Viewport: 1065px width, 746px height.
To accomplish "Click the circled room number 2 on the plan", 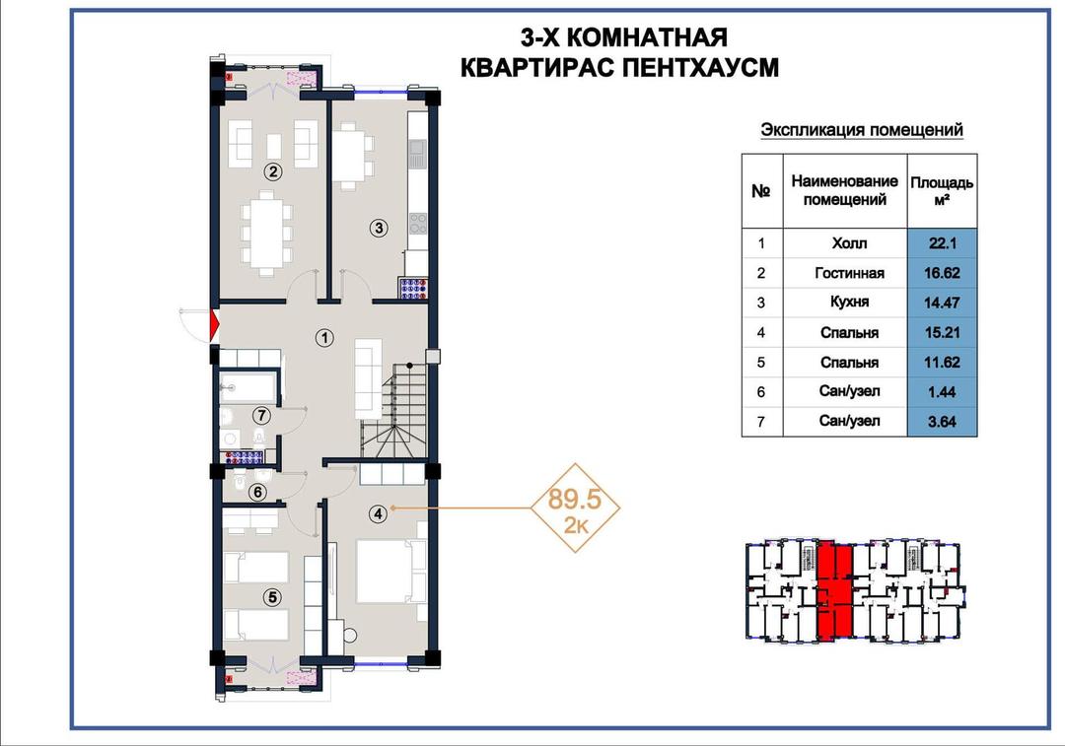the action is tap(273, 171).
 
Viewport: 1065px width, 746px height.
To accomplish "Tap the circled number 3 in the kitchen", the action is tap(379, 228).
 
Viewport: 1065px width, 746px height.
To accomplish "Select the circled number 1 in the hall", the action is tap(325, 337).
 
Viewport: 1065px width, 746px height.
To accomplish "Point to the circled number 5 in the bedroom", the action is tap(272, 597).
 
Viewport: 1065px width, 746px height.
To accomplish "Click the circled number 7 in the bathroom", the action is tap(261, 415).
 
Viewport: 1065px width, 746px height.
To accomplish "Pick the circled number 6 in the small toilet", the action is tap(257, 492).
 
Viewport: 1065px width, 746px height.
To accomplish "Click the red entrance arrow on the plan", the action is tap(215, 325).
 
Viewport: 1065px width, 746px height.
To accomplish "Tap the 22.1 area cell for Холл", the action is tap(942, 243).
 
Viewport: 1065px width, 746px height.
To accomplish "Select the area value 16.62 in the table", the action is tap(942, 273).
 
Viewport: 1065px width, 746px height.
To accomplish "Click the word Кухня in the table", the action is tap(849, 303).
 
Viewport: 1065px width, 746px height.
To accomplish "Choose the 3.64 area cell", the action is tap(942, 422).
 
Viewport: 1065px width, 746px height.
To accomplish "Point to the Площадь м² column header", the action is tap(942, 191).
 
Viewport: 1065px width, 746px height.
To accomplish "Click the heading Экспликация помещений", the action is tap(861, 130).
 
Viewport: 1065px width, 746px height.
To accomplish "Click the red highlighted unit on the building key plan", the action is tap(834, 591).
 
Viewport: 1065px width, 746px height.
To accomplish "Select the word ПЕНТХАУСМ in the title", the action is tap(700, 68).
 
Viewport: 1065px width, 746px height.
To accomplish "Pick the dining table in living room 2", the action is tap(267, 233).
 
